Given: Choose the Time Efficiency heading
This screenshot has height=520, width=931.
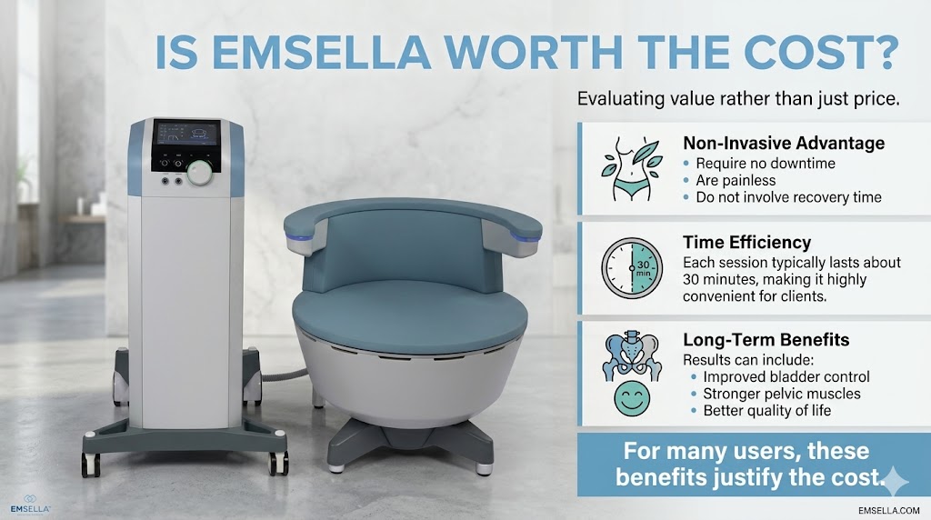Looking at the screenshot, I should click(746, 242).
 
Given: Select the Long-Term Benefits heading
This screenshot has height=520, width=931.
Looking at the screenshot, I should click(766, 340).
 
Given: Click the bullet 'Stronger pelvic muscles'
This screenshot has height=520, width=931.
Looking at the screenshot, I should click(782, 394).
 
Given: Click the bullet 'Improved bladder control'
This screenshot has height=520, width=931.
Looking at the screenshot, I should click(786, 376).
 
